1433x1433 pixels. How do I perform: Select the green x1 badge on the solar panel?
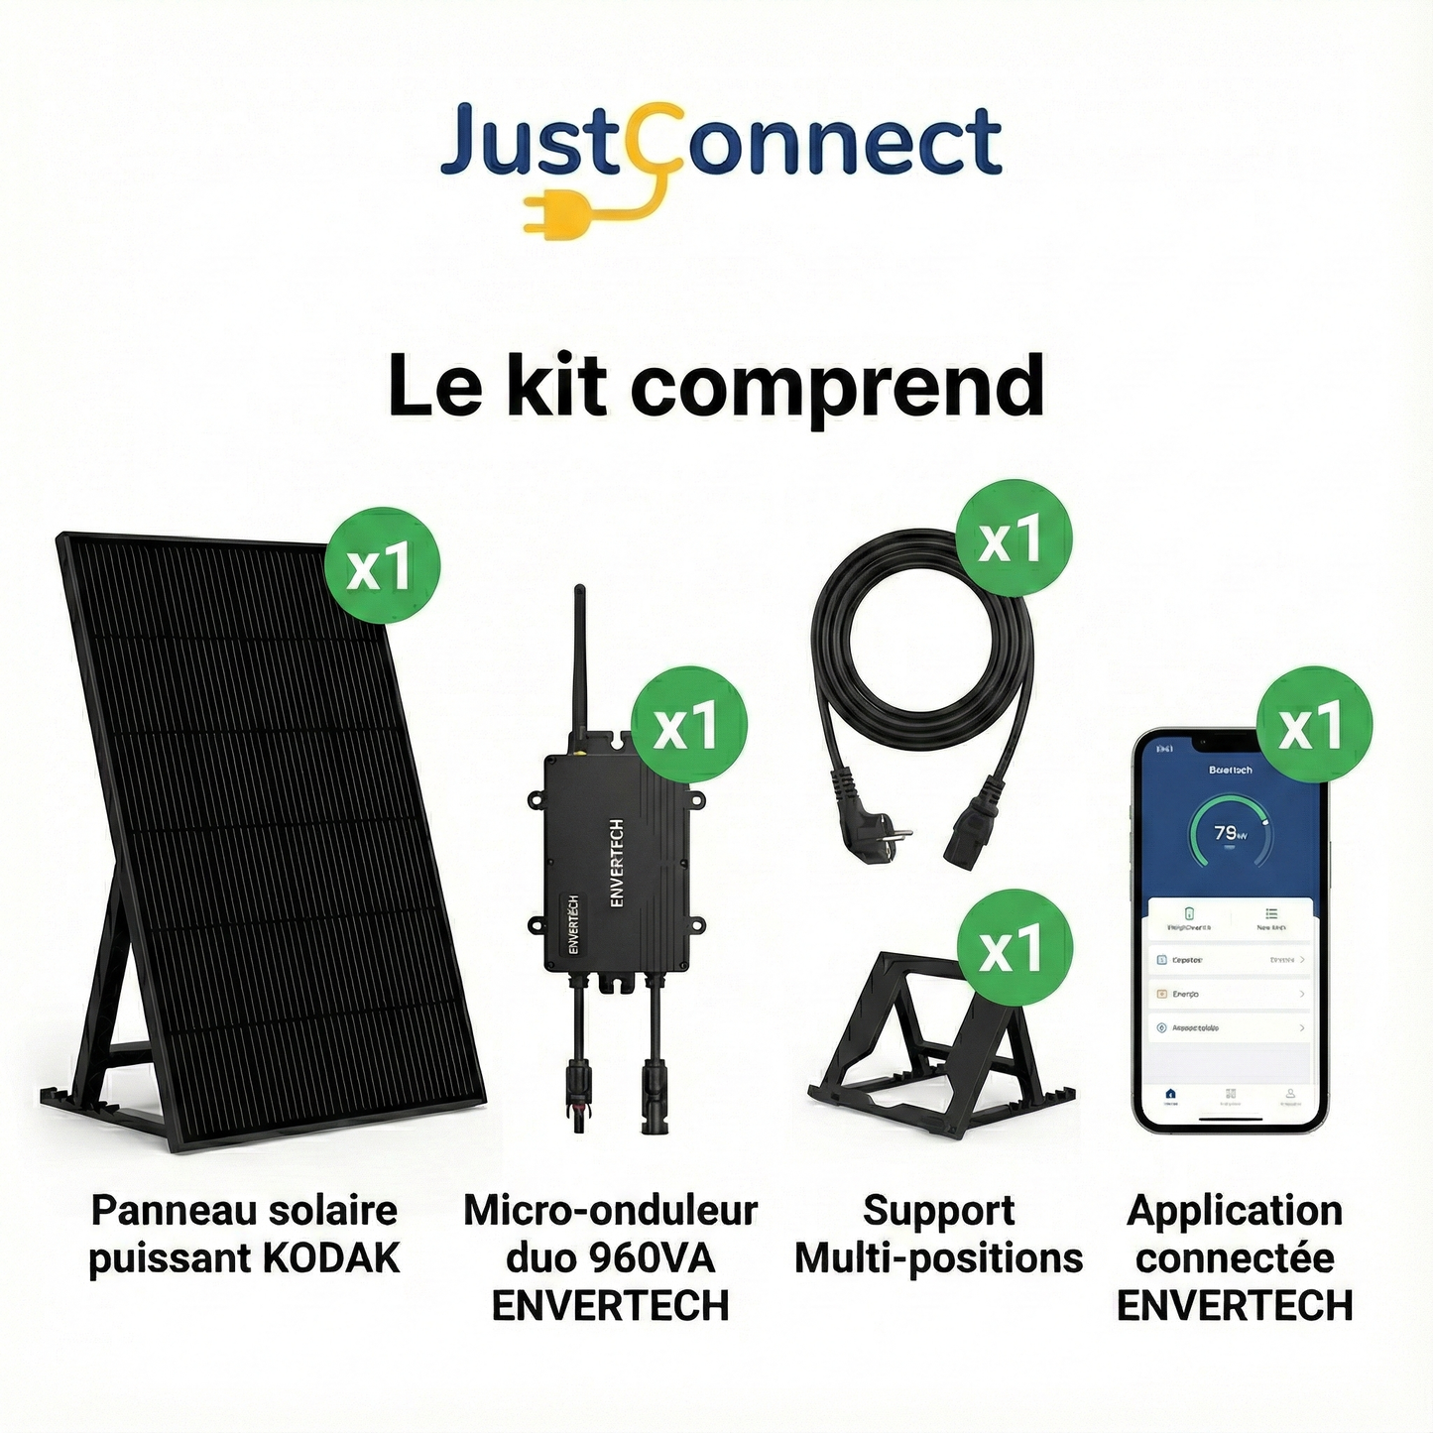pos(382,565)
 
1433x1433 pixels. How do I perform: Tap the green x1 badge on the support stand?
pos(1014,947)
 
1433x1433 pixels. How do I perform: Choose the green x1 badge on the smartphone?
pos(1314,725)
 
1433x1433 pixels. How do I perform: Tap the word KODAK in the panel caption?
pos(331,1258)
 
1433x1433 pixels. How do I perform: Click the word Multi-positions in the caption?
pos(938,1258)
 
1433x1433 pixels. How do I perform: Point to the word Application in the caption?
pos(1235,1211)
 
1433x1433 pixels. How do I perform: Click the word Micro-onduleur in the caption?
pos(610,1211)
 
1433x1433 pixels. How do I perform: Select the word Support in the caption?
pos(938,1211)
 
